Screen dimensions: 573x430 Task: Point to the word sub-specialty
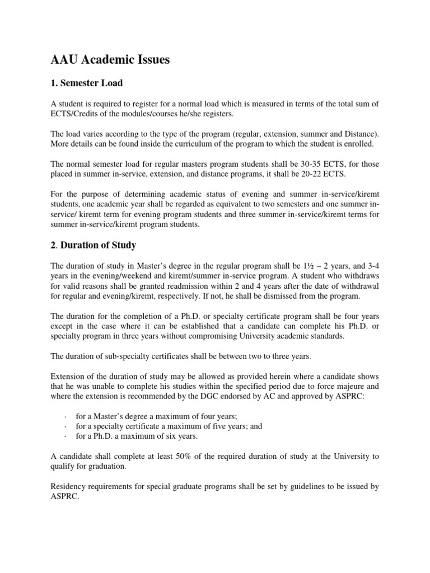tap(125, 355)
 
